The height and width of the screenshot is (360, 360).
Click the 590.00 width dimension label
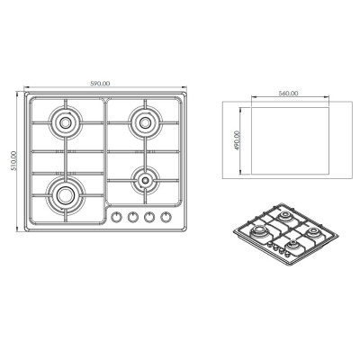tap(100, 84)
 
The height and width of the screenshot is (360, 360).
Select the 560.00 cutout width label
tap(288, 94)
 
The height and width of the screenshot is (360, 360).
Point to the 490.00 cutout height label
tap(237, 140)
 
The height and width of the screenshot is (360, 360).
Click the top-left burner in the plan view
tap(65, 122)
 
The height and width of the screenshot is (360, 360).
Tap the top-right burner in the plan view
tap(145, 122)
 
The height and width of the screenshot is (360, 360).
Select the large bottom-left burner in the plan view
tap(65, 195)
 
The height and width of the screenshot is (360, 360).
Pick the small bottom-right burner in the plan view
tap(145, 180)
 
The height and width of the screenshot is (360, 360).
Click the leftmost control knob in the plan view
tap(116, 217)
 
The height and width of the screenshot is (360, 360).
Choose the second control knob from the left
tap(132, 217)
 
